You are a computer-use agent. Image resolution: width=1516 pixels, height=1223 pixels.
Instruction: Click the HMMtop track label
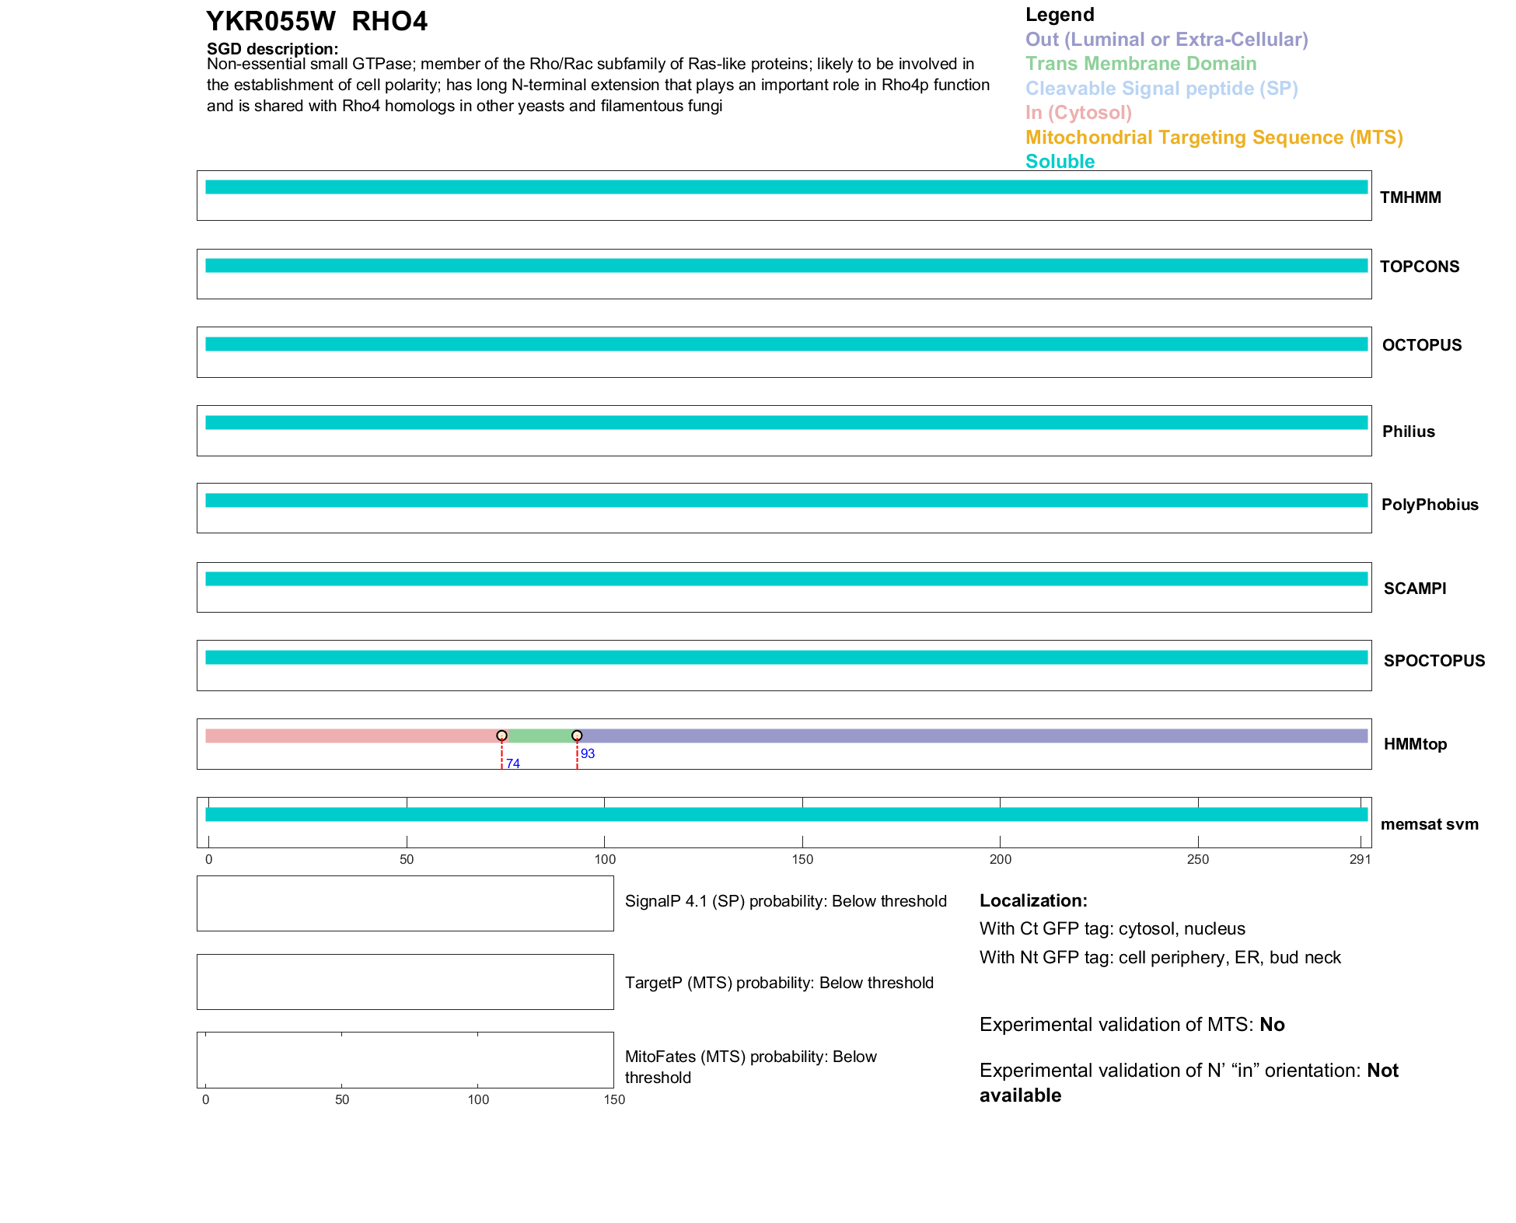click(x=1415, y=744)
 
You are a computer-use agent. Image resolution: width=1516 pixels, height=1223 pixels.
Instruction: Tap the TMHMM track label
click(x=1410, y=197)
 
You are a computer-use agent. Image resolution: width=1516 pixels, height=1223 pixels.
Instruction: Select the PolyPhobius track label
click(x=1429, y=505)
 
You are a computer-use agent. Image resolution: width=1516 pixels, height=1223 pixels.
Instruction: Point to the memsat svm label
click(x=1429, y=824)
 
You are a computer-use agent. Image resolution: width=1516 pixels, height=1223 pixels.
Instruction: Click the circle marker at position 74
click(x=501, y=736)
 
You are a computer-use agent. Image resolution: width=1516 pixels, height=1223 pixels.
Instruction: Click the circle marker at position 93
click(x=577, y=736)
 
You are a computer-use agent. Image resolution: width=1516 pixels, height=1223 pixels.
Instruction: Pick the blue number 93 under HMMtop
click(x=588, y=753)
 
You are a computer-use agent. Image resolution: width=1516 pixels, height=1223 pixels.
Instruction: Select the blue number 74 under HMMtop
click(x=513, y=764)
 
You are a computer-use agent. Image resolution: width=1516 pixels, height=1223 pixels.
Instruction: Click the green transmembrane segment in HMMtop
click(x=540, y=736)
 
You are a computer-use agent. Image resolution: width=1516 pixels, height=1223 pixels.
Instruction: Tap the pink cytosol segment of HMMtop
click(x=350, y=736)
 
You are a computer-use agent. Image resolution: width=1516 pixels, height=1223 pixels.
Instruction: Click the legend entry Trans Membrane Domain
click(x=1140, y=64)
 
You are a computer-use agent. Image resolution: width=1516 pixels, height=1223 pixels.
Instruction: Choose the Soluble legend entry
click(x=1060, y=162)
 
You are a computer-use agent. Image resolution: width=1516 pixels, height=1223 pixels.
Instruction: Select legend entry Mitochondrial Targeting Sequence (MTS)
click(x=1214, y=138)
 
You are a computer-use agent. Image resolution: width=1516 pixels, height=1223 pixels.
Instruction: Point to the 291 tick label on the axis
click(x=1360, y=859)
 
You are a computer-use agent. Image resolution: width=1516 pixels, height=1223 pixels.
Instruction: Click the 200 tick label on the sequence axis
click(x=1000, y=859)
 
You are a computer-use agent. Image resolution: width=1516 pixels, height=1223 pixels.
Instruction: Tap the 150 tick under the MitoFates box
click(x=614, y=1099)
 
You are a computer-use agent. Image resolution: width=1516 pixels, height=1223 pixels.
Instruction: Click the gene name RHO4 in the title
click(x=389, y=22)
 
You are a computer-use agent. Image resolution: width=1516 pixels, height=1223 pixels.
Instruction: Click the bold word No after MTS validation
click(x=1272, y=1025)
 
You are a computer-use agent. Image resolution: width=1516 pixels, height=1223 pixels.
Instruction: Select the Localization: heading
click(x=1033, y=901)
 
